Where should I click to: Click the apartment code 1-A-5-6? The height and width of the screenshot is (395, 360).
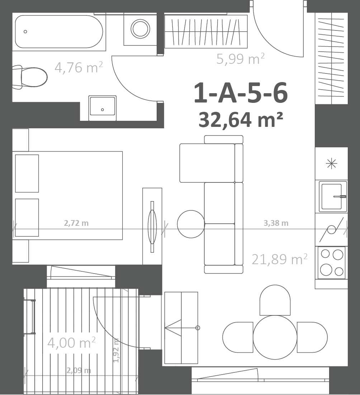[241, 93]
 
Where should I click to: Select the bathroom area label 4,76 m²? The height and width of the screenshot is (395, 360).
[79, 67]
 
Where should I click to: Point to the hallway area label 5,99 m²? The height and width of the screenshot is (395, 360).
[240, 59]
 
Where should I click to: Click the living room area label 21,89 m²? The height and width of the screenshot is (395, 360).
[280, 259]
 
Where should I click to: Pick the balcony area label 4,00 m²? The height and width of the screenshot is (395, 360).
[72, 343]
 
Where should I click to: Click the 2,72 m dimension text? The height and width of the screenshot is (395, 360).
[76, 223]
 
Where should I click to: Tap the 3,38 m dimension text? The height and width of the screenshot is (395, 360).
[276, 223]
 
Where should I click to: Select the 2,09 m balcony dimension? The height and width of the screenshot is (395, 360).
[79, 371]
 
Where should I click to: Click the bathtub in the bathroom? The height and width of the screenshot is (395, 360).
[59, 32]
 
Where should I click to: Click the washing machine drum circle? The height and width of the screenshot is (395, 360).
[140, 29]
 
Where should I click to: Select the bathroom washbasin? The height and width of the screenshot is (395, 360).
[102, 108]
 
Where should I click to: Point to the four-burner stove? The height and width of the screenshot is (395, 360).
[332, 263]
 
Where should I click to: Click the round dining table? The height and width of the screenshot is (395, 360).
[275, 337]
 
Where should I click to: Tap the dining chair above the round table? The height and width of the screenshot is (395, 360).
[275, 300]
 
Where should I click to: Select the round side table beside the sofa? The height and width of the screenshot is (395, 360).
[191, 224]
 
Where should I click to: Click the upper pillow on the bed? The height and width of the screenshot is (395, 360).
[27, 173]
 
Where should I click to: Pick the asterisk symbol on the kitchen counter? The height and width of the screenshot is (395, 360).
[332, 164]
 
